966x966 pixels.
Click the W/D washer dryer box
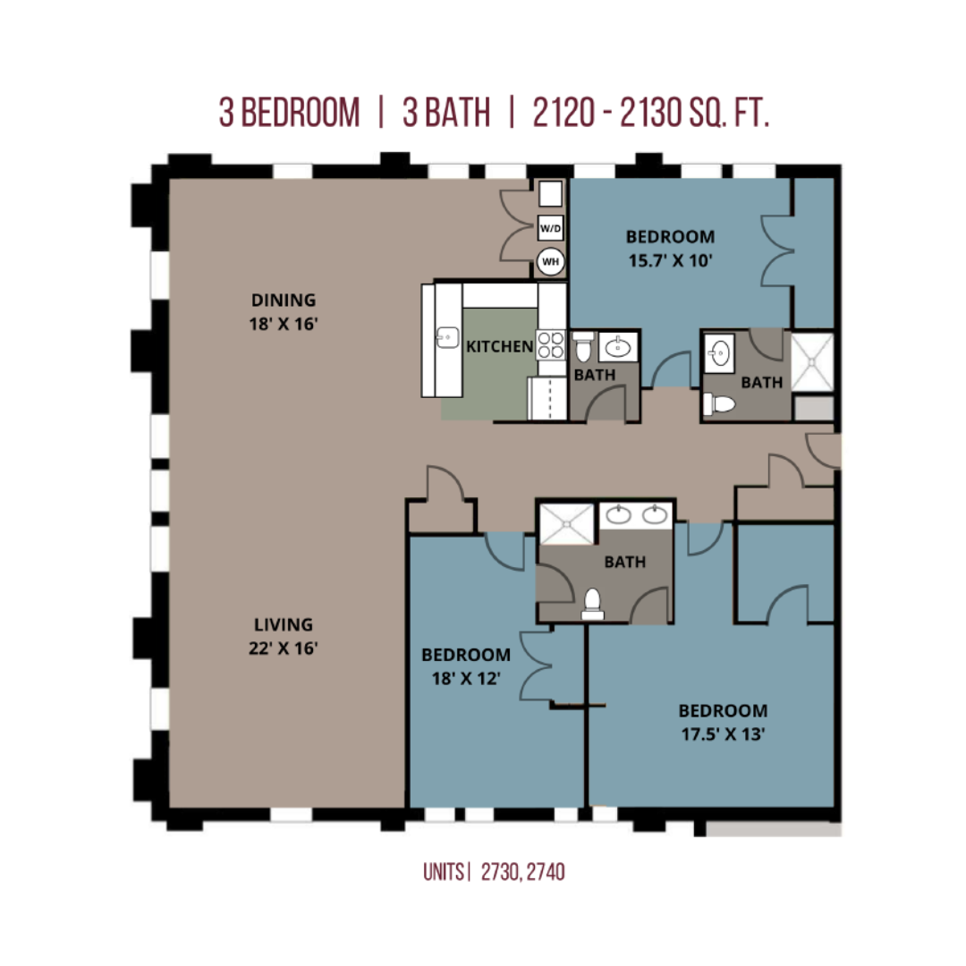coord(550,228)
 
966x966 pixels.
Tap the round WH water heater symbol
coord(550,261)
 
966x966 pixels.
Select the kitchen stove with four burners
coord(550,344)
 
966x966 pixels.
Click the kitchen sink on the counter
coord(447,337)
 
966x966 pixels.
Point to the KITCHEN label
coord(500,347)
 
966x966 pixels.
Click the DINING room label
coord(284,300)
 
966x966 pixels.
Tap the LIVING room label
coord(284,624)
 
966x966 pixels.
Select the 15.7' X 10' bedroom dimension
coord(670,260)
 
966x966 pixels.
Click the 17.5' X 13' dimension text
coord(723,734)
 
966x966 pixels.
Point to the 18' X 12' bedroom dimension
coord(466,679)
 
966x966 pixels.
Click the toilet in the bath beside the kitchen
coord(583,346)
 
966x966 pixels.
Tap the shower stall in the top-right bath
coord(812,362)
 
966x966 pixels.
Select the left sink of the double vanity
coord(618,515)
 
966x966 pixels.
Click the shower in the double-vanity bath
coord(567,524)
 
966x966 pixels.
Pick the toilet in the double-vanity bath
coord(592,605)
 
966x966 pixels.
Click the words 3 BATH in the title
coord(446,113)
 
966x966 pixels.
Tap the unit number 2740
coord(546,872)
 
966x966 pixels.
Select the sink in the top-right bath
coord(719,353)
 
